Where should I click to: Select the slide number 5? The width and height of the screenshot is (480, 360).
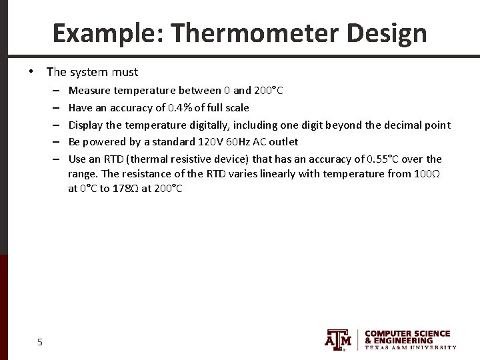point(40,342)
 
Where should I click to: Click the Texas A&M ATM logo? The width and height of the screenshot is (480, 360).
point(338,339)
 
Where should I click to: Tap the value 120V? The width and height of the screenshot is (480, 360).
point(212,141)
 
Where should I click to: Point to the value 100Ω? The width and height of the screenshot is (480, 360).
point(427,174)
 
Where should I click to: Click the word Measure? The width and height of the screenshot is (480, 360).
point(90,90)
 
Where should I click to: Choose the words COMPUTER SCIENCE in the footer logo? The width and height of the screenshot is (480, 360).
point(407,333)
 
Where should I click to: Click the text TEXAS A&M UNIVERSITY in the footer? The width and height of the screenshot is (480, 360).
point(411,347)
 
